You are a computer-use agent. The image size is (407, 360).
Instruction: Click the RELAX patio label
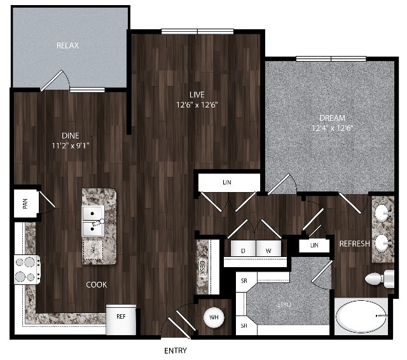pos(67,46)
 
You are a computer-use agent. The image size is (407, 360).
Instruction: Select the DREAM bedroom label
pos(332,118)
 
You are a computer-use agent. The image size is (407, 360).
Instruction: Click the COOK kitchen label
pos(97,285)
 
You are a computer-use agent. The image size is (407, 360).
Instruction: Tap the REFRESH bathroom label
pos(355,244)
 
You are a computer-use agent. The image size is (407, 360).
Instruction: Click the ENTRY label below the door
pos(175,351)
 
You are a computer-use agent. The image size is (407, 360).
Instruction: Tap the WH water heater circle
pos(213,316)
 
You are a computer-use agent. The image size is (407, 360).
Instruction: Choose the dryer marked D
pos(242,251)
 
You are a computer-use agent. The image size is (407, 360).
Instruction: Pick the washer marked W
pos(268,251)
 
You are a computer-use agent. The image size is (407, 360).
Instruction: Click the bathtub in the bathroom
pos(361,316)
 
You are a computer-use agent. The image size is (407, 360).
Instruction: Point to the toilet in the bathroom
pos(380,278)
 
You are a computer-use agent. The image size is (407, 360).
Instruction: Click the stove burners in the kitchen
pos(27,269)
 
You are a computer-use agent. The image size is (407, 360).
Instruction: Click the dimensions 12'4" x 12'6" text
pos(332,128)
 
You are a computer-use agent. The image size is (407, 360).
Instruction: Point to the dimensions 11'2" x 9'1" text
pos(71,144)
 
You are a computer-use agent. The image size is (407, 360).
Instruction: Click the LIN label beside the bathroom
pos(315,245)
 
